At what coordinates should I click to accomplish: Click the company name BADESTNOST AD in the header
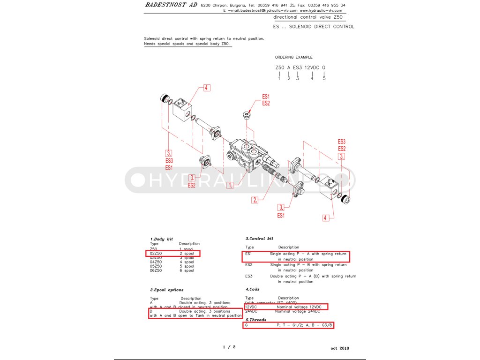coord(171,5)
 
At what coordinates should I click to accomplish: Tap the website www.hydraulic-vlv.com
coord(321,10)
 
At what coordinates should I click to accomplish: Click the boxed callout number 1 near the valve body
coord(230,185)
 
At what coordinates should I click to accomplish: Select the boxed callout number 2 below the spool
coord(255,200)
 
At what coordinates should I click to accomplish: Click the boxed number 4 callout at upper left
coord(206,87)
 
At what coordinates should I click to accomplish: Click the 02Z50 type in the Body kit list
coord(156,253)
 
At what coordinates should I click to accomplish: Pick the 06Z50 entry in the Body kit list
coord(156,270)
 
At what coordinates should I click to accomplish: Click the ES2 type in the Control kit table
coord(249,265)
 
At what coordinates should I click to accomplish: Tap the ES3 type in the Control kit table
coord(249,276)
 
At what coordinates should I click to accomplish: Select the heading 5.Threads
coord(256,320)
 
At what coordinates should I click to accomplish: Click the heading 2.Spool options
coord(167,290)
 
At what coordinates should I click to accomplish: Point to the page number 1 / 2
coord(229,347)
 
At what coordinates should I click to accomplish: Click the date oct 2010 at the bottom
coord(340,348)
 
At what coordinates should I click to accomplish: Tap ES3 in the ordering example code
coord(298,67)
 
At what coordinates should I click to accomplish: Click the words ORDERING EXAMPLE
coord(293,57)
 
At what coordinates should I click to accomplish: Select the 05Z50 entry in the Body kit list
coord(156,266)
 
